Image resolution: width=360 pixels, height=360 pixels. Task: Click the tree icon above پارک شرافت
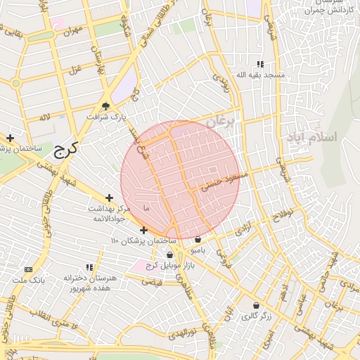(x=105, y=106)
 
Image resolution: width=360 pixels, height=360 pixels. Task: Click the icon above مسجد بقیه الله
(x=261, y=65)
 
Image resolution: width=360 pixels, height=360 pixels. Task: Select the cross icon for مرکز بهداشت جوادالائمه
(x=109, y=199)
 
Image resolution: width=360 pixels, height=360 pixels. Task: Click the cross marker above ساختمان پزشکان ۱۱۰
(x=143, y=230)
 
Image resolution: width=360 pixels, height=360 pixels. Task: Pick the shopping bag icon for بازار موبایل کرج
(x=169, y=255)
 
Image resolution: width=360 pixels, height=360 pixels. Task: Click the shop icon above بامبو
(x=198, y=239)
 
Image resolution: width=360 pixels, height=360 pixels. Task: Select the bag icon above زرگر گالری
(x=255, y=306)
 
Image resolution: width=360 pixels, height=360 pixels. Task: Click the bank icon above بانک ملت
(x=28, y=269)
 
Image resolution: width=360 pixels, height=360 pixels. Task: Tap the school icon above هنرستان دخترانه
(x=89, y=267)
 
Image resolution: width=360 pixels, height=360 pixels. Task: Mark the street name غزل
(x=74, y=69)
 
